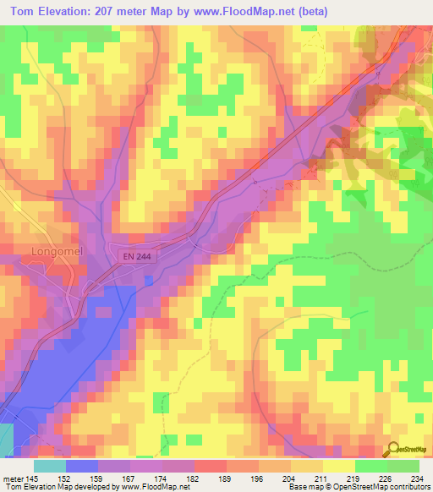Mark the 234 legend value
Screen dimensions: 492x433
(x=416, y=478)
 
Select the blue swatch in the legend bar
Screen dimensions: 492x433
(x=81, y=466)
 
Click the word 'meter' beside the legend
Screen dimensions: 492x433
(x=14, y=478)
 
